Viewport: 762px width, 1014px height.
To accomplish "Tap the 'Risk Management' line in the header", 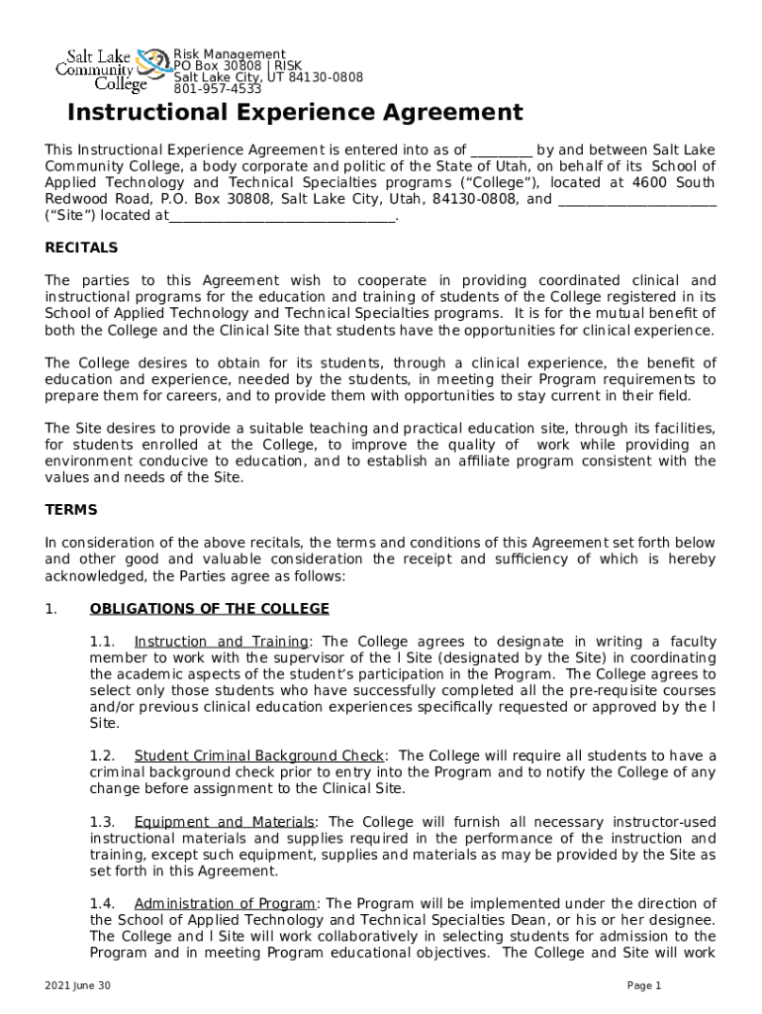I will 230,54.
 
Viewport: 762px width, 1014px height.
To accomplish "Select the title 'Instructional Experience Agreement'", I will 295,113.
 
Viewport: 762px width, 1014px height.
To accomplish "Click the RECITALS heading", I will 81,248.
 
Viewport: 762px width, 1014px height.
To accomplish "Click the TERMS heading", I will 71,510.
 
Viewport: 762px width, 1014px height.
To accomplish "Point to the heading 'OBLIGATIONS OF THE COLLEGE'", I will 209,608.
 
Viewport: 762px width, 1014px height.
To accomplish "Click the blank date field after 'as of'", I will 501,152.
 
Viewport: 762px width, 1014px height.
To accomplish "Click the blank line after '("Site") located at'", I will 282,215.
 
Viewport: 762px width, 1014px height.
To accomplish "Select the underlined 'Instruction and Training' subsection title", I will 222,642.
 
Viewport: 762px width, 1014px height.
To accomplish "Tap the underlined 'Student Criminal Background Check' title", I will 260,757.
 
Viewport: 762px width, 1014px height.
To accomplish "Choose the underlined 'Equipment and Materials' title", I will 225,822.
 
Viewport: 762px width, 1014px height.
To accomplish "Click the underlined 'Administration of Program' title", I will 226,903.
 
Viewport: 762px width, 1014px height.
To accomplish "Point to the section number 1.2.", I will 103,757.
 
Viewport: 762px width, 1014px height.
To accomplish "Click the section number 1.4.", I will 103,903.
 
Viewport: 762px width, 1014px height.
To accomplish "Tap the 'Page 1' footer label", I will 644,986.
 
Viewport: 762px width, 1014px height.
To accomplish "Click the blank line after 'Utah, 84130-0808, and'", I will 637,199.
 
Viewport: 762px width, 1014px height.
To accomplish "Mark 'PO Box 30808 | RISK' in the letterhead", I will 238,66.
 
